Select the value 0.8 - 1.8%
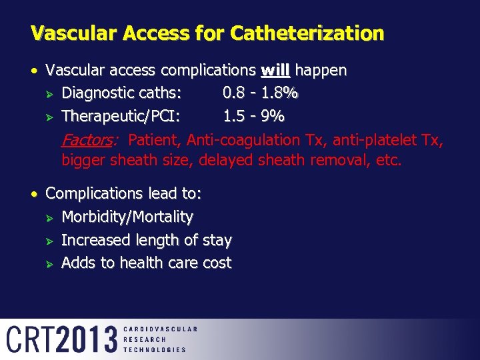coord(260,94)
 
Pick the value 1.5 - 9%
coord(253,117)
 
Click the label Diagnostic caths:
coord(123,94)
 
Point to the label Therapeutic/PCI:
coord(121,117)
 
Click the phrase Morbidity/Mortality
coord(127,217)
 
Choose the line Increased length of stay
coord(147,240)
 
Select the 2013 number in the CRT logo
coord(87,339)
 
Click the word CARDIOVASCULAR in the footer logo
coord(161,329)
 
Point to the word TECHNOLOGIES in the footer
coord(155,349)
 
